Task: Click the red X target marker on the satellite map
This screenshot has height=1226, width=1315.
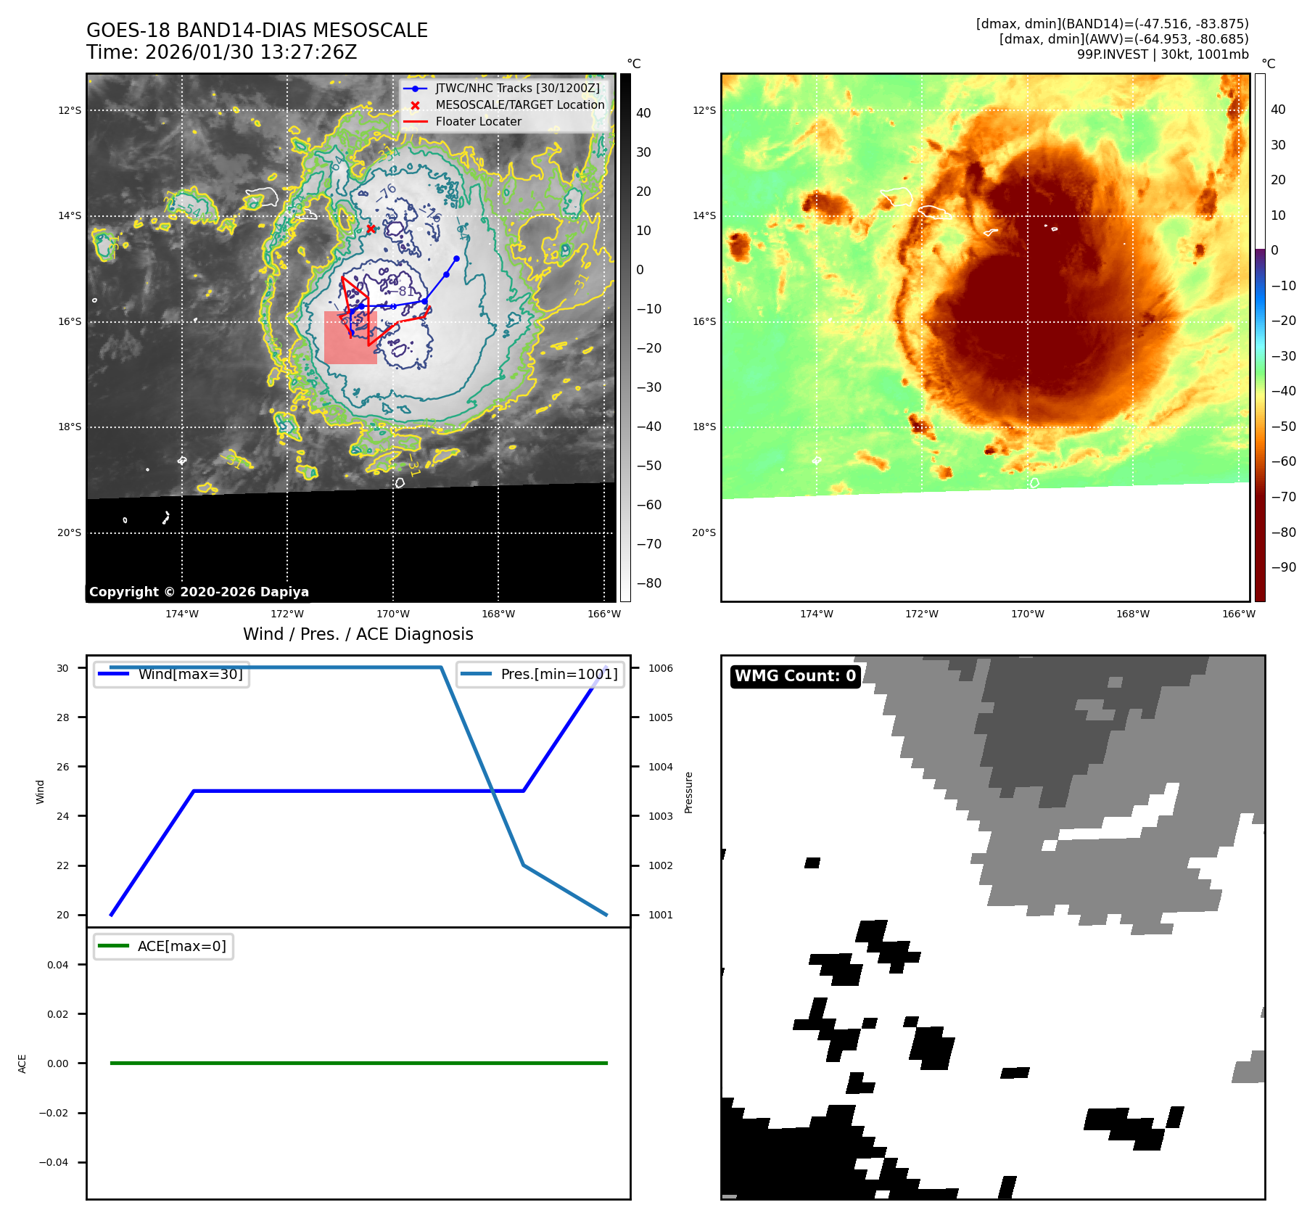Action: [371, 229]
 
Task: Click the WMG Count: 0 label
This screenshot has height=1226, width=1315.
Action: [795, 676]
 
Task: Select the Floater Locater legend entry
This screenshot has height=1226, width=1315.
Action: [478, 122]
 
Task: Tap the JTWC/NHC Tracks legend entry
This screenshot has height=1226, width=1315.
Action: [517, 89]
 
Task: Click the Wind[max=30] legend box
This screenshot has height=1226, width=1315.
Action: [172, 674]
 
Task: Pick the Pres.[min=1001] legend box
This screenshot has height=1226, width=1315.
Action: [540, 674]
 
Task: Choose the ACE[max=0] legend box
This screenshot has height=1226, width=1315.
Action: [164, 946]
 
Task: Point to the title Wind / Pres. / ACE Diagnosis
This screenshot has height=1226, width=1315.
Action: [358, 634]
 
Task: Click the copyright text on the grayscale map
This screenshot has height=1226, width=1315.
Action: [199, 592]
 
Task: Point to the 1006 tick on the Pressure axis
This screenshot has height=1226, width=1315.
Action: [660, 668]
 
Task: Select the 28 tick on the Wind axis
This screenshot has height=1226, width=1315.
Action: [63, 717]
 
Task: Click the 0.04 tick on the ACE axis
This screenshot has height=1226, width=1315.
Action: [57, 965]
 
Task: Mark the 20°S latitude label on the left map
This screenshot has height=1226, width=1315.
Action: [70, 532]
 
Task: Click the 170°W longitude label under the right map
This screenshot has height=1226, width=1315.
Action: [1027, 614]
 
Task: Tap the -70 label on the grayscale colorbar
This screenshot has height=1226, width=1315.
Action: [648, 544]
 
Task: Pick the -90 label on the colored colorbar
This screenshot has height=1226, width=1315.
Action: [1283, 567]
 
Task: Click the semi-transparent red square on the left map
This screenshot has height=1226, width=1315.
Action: [350, 338]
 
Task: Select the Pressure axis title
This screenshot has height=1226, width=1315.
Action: [689, 792]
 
